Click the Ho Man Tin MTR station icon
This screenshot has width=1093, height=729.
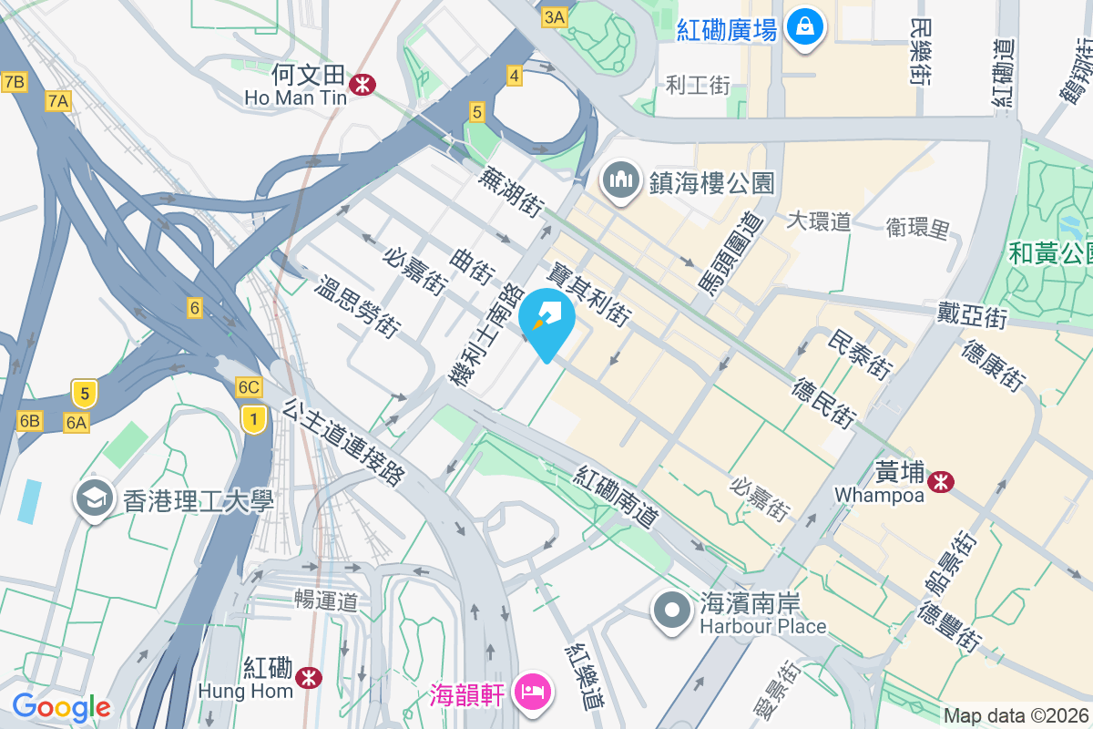pos(363,84)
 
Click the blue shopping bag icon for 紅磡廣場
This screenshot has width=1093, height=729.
pos(805,27)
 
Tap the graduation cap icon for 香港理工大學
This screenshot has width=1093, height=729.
pos(95,498)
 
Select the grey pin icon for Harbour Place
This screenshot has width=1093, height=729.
pos(673,610)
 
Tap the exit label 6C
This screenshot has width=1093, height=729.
pos(249,386)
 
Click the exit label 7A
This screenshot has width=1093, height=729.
pos(58,101)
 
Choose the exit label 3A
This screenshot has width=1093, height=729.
pos(554,16)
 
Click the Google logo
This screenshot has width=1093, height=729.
pos(61,706)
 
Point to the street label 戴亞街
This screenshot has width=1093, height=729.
pos(973,316)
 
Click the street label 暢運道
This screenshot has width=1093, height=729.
pos(326,601)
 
